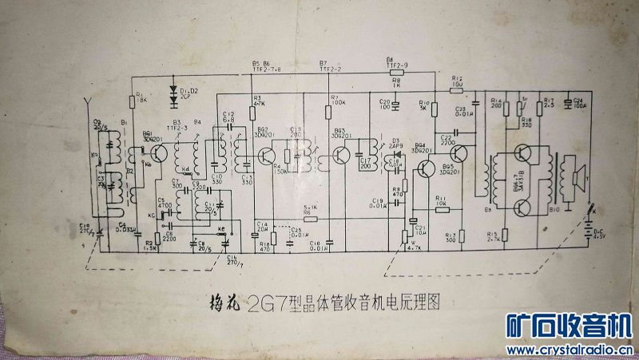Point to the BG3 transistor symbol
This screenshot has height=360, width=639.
click(x=343, y=154)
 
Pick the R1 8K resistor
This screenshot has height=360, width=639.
click(x=132, y=101)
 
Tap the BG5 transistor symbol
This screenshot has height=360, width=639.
click(x=459, y=153)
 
